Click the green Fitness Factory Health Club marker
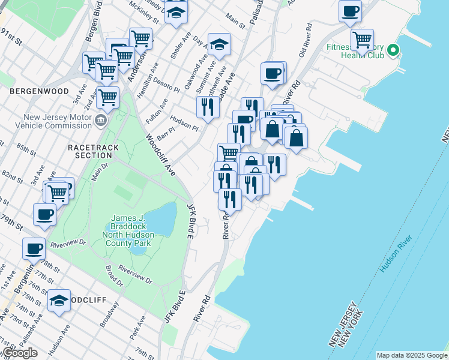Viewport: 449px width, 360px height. pos(393,50)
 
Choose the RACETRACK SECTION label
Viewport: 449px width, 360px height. pos(93,151)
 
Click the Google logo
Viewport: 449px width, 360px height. pos(20,353)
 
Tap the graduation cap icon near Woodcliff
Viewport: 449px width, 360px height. pos(59,301)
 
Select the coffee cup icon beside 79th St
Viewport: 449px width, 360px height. pos(45,214)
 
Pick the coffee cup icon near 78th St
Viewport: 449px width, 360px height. pos(34,247)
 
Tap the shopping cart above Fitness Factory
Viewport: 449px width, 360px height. pos(362,40)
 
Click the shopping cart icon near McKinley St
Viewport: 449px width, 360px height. pos(140,38)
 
